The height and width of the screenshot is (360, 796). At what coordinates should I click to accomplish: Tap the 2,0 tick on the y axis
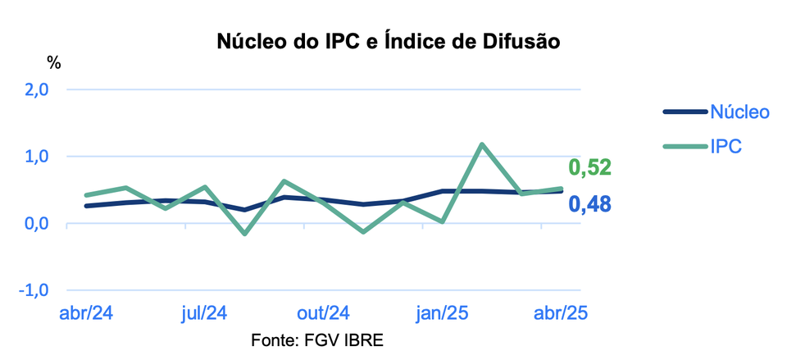click(34, 89)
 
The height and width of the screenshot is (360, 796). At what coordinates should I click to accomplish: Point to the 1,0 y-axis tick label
click(34, 157)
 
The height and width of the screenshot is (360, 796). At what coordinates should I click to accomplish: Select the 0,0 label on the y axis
click(34, 223)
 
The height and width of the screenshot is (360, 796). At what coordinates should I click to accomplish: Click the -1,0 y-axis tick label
click(31, 290)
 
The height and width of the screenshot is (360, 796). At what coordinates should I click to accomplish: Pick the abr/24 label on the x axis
click(87, 313)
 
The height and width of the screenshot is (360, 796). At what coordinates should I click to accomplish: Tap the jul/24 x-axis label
click(203, 313)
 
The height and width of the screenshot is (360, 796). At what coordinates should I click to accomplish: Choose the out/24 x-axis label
click(323, 313)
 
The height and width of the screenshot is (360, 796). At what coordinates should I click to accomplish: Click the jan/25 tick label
click(443, 313)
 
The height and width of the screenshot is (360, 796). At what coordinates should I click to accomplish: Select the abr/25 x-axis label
click(562, 313)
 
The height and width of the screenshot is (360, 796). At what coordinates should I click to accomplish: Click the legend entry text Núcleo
click(739, 112)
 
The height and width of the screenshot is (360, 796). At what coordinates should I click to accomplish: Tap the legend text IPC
click(725, 147)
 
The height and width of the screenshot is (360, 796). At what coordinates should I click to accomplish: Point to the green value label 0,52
click(590, 168)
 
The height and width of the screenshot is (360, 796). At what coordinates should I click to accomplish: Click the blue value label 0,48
click(590, 203)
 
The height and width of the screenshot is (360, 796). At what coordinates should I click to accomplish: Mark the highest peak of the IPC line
click(482, 144)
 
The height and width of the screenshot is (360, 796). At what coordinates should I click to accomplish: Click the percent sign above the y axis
click(54, 62)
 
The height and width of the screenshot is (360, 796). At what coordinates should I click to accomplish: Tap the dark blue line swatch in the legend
click(683, 112)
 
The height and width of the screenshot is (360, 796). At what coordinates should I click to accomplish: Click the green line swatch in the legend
click(683, 147)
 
